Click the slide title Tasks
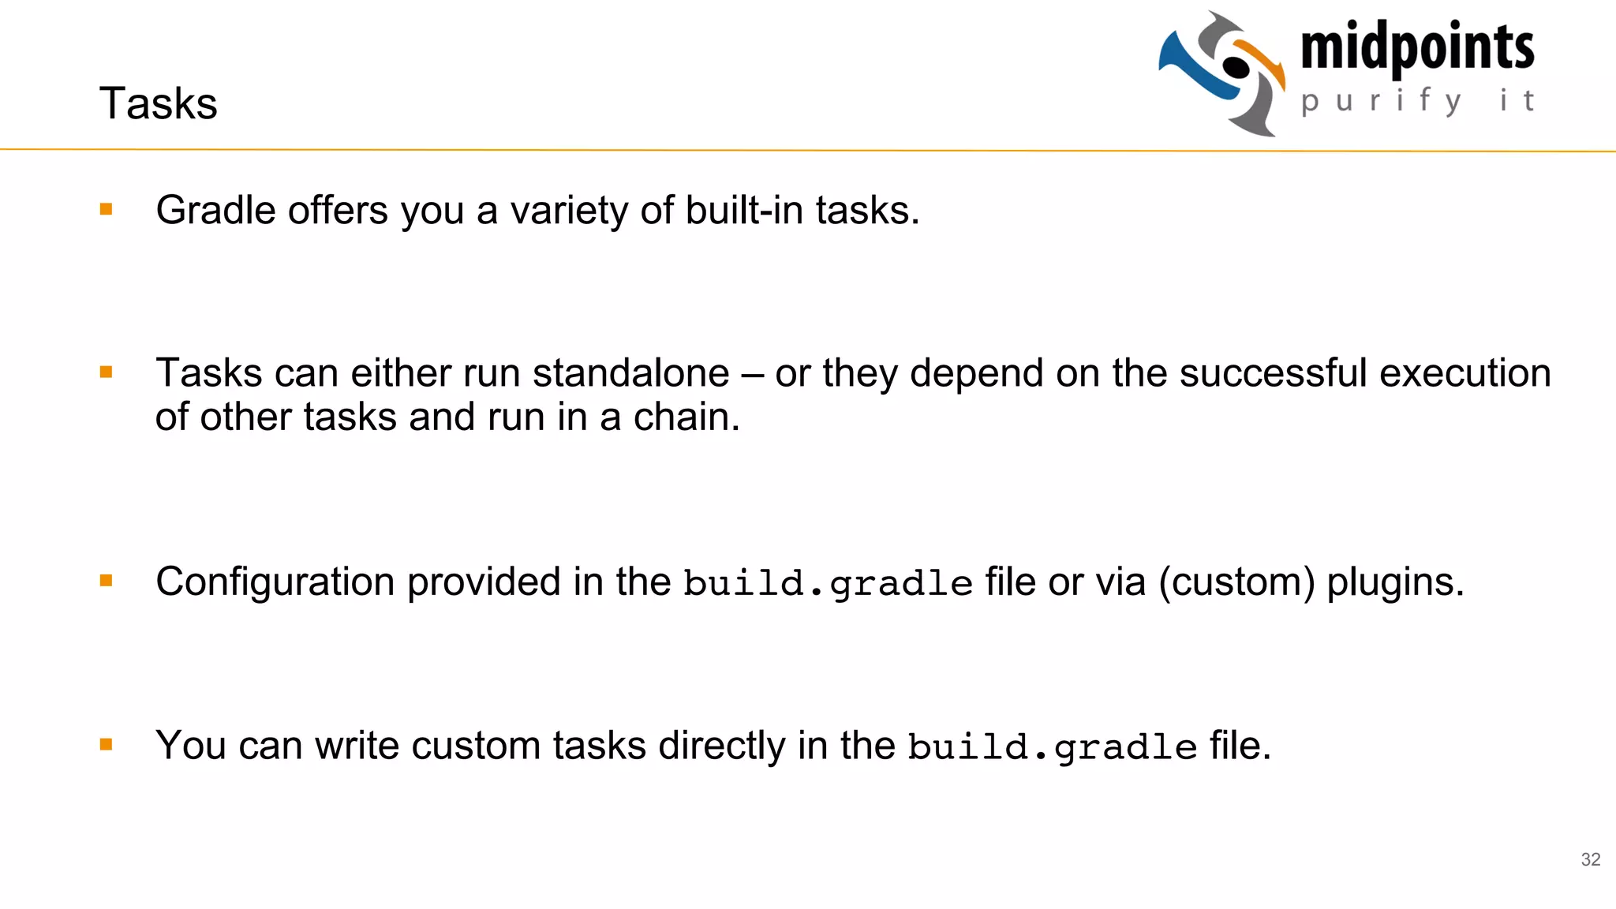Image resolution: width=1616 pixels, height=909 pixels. click(158, 103)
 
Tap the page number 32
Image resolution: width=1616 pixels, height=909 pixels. click(1591, 859)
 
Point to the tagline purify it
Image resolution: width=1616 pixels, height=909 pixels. click(1417, 101)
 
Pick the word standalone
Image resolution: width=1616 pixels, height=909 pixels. click(630, 373)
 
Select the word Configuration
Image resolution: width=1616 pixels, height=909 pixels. click(275, 582)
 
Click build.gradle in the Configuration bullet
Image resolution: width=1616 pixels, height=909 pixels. click(828, 584)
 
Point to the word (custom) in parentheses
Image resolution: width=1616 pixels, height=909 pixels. click(1236, 582)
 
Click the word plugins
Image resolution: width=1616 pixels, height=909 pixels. click(1394, 582)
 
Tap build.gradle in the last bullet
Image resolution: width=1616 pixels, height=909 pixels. click(1052, 747)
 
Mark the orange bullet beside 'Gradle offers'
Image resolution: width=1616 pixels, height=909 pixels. click(107, 209)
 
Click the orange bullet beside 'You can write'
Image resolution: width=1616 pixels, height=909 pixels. click(107, 744)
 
